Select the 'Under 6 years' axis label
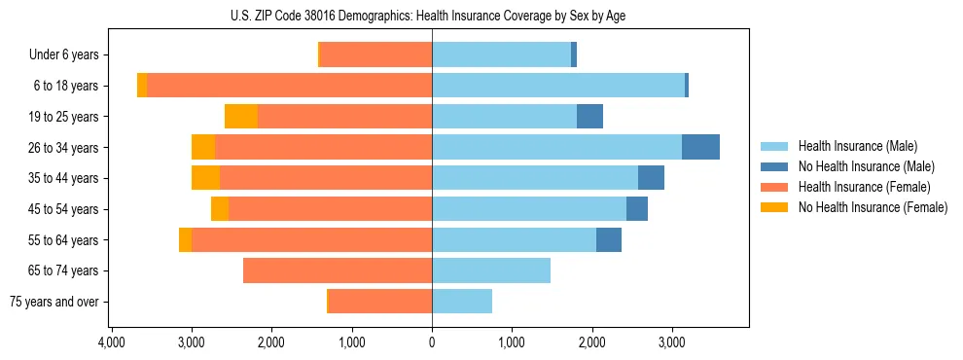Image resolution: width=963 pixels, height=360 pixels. [x=69, y=55]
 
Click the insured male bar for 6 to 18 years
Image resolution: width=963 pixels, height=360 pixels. [x=558, y=86]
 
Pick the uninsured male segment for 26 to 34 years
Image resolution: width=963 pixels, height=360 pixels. [x=700, y=148]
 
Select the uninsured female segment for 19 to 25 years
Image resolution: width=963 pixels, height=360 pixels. [x=241, y=117]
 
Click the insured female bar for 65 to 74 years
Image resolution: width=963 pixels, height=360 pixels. [x=338, y=270]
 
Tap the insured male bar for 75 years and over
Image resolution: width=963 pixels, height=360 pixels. [x=462, y=302]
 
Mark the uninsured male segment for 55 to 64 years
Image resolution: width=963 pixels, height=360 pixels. [x=609, y=240]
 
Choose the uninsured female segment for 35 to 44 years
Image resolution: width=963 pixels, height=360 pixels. [x=205, y=178]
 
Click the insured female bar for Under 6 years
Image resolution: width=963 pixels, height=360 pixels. [x=375, y=55]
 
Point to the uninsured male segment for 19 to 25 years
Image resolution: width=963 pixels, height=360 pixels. [x=589, y=117]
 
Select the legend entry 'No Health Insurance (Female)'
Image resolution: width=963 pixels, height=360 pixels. [x=873, y=207]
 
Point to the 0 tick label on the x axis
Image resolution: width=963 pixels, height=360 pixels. [x=432, y=343]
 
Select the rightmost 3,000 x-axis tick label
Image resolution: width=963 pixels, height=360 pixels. [x=672, y=343]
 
